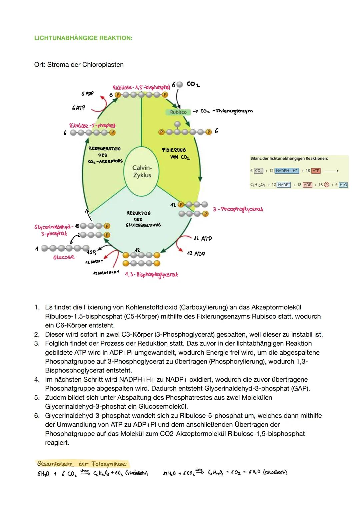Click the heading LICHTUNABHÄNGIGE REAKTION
(83, 38)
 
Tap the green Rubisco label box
(178, 112)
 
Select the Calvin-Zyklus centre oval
(142, 172)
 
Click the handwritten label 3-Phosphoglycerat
(238, 209)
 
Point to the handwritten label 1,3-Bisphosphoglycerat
(151, 275)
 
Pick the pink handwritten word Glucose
(64, 257)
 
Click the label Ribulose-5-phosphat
(92, 126)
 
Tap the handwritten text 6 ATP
(78, 108)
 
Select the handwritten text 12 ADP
(196, 254)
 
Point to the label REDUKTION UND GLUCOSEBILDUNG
(143, 219)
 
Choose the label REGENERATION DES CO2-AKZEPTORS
(105, 155)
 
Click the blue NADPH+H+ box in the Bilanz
(287, 171)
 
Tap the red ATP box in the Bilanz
(316, 171)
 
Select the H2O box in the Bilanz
(343, 185)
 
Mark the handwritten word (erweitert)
(275, 473)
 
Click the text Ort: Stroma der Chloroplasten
(79, 65)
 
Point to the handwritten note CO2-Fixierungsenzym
(227, 111)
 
